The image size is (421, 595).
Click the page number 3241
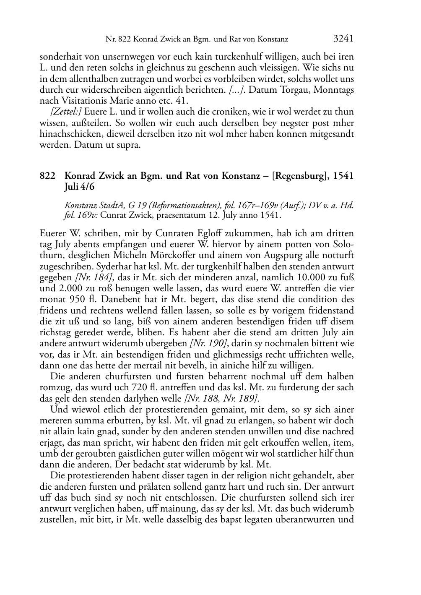pyautogui.click(x=343, y=39)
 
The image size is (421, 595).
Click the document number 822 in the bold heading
pyautogui.click(x=47, y=176)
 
